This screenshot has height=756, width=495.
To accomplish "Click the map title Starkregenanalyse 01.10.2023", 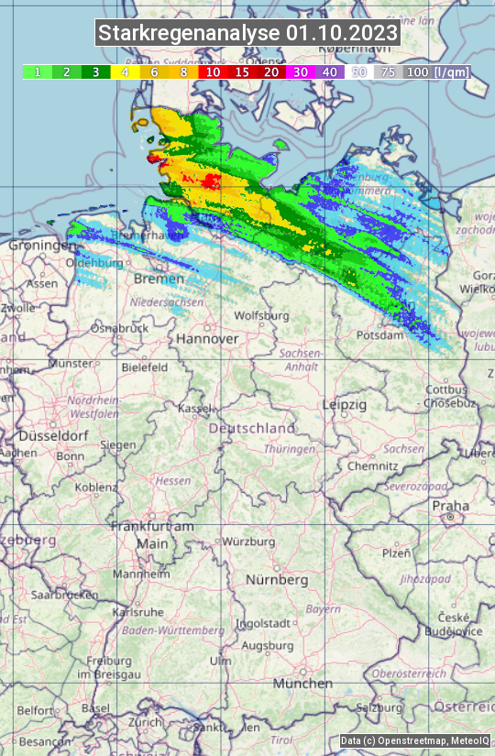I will point(247,34).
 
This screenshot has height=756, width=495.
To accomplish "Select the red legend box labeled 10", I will point(213,71).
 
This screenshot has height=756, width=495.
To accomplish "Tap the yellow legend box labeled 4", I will point(124,71).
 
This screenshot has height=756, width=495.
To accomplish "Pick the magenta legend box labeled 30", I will point(301,71).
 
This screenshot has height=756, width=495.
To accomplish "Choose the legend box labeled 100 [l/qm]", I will point(436,71).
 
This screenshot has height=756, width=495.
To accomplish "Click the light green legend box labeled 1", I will point(37,71).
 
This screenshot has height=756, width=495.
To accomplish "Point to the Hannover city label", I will point(207,338).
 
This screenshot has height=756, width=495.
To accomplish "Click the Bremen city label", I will point(152,278).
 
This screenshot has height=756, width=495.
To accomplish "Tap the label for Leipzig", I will point(345,404).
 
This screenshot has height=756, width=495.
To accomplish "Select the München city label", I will point(302,684).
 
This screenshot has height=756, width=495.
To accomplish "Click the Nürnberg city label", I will point(277,580).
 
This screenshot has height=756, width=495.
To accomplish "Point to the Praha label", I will point(450,505).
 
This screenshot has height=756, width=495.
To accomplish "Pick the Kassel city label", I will point(195,408).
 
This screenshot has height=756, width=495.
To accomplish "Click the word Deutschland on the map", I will point(252,428).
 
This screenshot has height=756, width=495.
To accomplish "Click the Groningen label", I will point(41,246).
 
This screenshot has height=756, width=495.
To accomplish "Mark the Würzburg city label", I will point(248,542).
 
